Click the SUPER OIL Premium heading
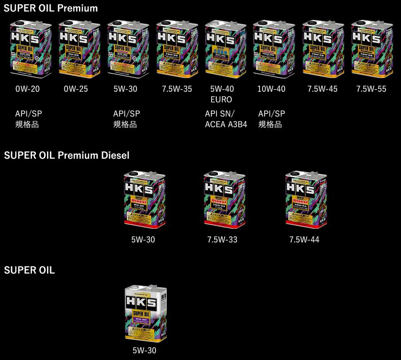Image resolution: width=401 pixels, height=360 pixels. tap(51, 8)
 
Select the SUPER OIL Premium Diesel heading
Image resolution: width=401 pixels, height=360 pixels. tap(67, 155)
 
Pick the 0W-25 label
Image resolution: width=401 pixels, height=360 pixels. tap(76, 89)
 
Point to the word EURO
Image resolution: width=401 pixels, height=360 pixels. tap(221, 100)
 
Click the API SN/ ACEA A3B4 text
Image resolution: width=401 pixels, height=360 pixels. tap(226, 119)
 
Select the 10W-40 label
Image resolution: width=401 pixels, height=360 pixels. tap(271, 89)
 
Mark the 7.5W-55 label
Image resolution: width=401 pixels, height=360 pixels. tap(371, 89)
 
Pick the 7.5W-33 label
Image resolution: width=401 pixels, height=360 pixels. tap(222, 240)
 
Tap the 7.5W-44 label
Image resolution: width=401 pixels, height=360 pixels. tap(304, 240)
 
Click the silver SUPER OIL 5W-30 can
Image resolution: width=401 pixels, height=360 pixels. tap(146, 313)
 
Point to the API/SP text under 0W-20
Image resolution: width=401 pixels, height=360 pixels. tap(28, 114)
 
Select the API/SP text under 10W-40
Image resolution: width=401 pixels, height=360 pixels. tap(271, 114)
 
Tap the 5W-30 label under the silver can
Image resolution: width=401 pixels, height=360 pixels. tap(144, 350)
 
